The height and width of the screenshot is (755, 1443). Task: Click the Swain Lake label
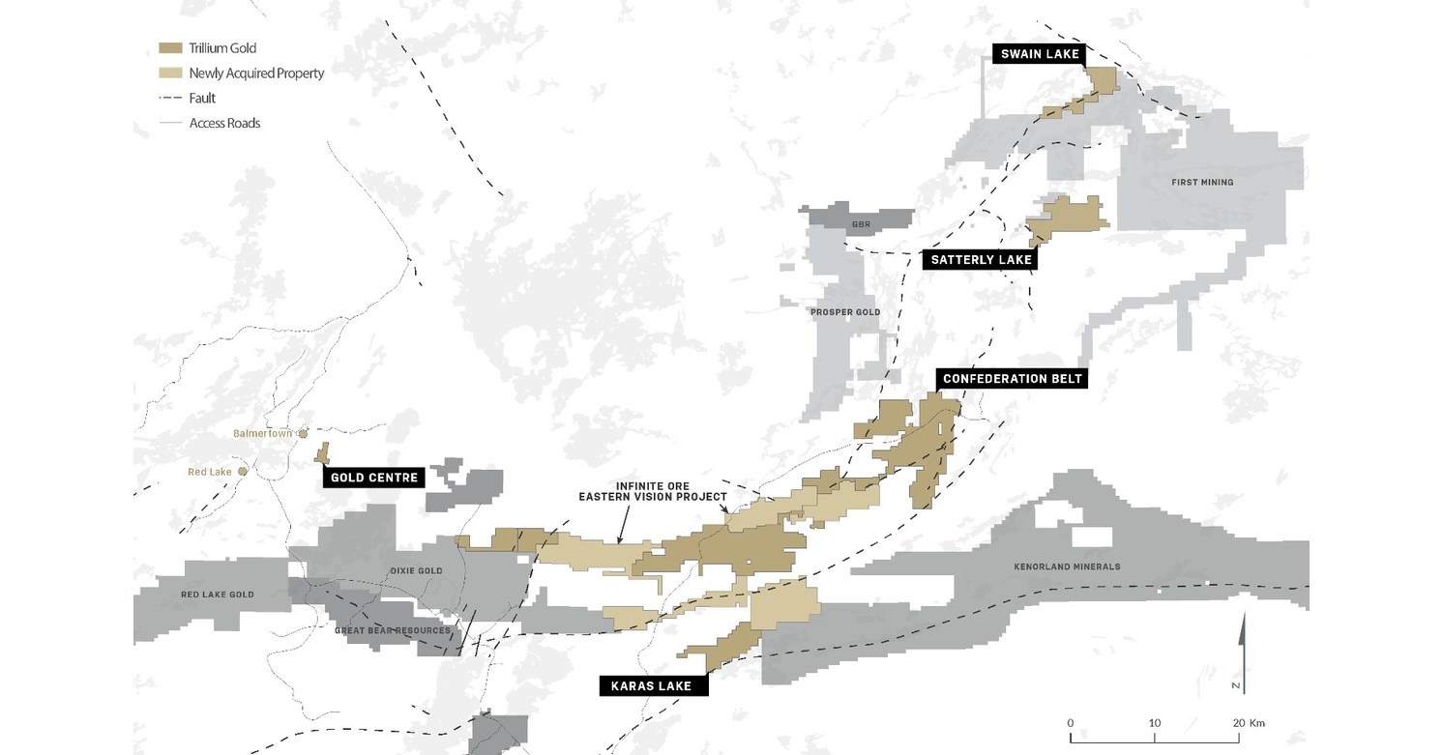(1040, 54)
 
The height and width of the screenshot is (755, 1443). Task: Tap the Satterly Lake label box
(981, 259)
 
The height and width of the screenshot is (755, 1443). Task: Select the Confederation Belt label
(1012, 379)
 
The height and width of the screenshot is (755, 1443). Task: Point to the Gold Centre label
(374, 478)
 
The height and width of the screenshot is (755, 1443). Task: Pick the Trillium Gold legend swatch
(169, 48)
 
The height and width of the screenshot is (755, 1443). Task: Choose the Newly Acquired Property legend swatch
(169, 73)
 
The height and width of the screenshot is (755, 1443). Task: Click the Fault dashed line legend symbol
(169, 99)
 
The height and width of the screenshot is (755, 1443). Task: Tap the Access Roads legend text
(224, 124)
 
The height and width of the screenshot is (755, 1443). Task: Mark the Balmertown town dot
(303, 434)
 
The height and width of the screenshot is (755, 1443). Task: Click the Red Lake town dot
(243, 472)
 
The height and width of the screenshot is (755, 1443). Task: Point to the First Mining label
(1202, 182)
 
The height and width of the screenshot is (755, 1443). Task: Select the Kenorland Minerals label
(1067, 566)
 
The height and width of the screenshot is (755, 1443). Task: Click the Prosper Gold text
(845, 312)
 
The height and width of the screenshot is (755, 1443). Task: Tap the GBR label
(861, 225)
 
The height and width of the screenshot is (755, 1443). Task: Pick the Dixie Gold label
(417, 571)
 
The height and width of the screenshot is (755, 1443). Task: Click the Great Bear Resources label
(392, 630)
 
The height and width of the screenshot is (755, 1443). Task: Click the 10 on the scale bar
(1155, 723)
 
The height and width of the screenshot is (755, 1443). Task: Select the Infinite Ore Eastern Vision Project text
(653, 491)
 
